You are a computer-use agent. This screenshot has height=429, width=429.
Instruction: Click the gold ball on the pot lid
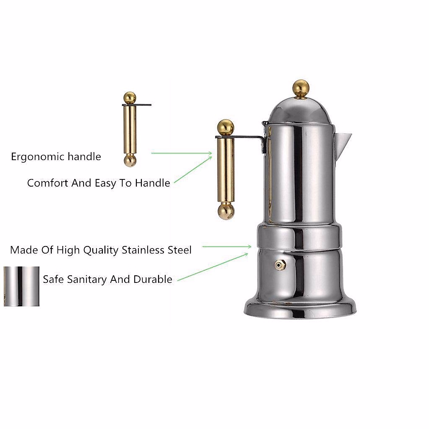[x=301, y=87]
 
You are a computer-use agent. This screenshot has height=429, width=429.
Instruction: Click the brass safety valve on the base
[x=279, y=265]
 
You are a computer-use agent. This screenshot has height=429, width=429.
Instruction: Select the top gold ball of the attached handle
[x=226, y=127]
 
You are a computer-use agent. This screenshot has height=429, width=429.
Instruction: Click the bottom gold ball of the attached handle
[x=225, y=211]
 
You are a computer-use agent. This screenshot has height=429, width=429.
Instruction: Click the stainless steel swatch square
[x=21, y=286]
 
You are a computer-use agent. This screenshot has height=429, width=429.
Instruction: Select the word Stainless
[x=143, y=250]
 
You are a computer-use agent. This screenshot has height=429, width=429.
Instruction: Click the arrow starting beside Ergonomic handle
[x=182, y=153]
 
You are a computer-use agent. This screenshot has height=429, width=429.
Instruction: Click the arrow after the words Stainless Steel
[x=227, y=246]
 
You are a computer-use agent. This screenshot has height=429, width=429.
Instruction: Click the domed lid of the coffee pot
[x=300, y=109]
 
